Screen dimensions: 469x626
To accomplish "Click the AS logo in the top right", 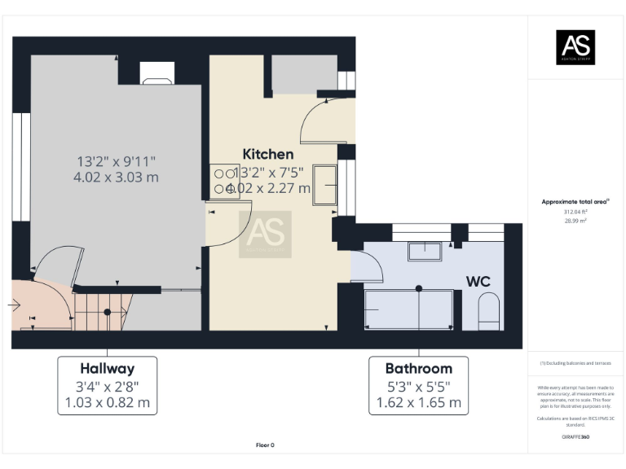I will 575,47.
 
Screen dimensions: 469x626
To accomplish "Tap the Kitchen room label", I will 268,153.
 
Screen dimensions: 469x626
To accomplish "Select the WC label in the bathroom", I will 478,281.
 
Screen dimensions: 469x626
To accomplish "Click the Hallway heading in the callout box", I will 107,368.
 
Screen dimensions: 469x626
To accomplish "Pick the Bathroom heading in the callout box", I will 419,368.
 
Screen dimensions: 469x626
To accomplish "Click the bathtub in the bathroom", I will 408,310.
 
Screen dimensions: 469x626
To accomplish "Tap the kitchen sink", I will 326,185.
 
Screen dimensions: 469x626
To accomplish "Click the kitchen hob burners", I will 222,180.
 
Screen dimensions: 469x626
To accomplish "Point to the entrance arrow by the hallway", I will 15,305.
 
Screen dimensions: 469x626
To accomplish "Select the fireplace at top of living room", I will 156,75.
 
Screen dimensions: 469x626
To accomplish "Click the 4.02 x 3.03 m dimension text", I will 117,177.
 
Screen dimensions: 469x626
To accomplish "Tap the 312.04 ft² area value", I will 575,211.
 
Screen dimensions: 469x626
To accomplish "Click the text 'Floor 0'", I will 265,445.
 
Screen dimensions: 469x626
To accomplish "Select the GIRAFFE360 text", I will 575,437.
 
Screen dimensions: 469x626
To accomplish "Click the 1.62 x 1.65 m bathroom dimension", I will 419,402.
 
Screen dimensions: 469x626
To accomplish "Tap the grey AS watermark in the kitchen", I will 265,234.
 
